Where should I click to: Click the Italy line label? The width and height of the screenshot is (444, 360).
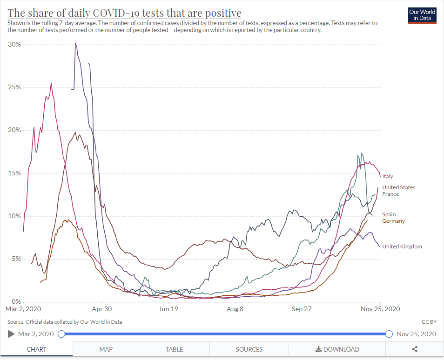pyautogui.click(x=388, y=176)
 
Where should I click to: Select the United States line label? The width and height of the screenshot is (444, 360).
pyautogui.click(x=398, y=187)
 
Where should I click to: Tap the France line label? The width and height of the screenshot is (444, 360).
pyautogui.click(x=390, y=194)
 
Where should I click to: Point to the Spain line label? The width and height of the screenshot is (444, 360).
pyautogui.click(x=389, y=214)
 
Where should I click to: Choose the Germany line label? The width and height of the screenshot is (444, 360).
pyautogui.click(x=393, y=221)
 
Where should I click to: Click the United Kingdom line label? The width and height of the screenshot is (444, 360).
pyautogui.click(x=402, y=247)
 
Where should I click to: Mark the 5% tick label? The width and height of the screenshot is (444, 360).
pyautogui.click(x=17, y=259)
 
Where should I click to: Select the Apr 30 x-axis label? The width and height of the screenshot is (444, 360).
pyautogui.click(x=102, y=309)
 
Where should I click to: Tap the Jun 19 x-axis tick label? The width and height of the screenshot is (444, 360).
pyautogui.click(x=168, y=309)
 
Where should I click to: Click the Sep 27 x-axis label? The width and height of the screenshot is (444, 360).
pyautogui.click(x=301, y=309)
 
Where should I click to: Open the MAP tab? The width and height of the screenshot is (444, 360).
pyautogui.click(x=106, y=349)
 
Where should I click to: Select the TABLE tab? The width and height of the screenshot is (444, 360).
pyautogui.click(x=174, y=349)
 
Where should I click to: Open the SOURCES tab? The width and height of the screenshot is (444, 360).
pyautogui.click(x=249, y=349)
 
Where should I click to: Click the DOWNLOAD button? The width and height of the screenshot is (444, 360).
pyautogui.click(x=337, y=349)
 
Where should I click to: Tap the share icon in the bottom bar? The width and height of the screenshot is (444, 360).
pyautogui.click(x=415, y=349)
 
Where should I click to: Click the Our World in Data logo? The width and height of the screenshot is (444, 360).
pyautogui.click(x=422, y=15)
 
